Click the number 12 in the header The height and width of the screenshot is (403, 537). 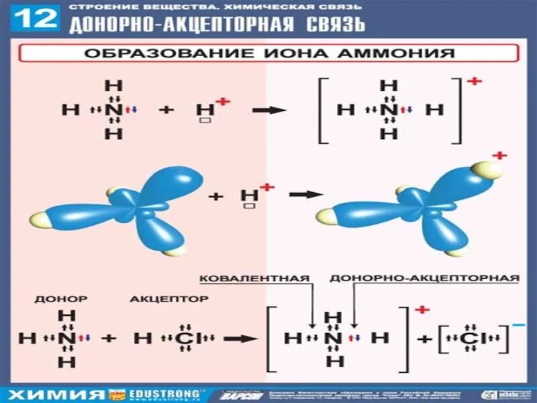click(x=36, y=18)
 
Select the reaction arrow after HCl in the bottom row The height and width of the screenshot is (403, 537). click(x=240, y=339)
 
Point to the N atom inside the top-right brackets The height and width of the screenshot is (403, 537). click(x=388, y=109)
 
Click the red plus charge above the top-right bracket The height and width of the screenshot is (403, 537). click(x=475, y=81)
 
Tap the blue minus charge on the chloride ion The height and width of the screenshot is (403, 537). click(x=518, y=325)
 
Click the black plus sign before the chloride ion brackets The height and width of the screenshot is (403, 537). click(x=424, y=339)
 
